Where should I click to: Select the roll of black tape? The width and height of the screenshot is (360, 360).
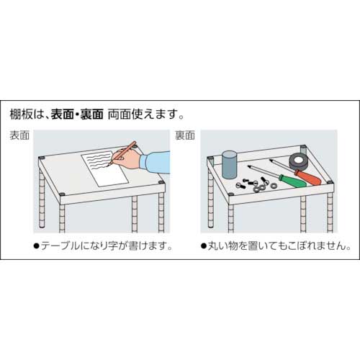pyautogui.click(x=297, y=161)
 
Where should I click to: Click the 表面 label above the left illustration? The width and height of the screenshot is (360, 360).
pyautogui.click(x=19, y=135)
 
